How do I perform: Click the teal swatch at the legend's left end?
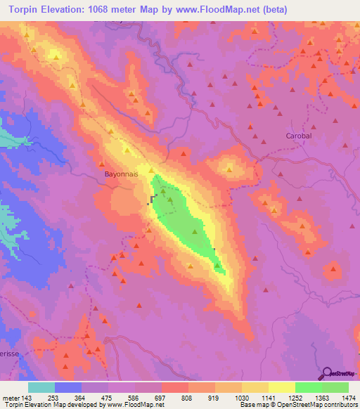[x=41, y=387]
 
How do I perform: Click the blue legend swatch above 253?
[x=68, y=387]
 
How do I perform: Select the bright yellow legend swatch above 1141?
[x=282, y=387]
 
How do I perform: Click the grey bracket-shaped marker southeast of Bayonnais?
[x=151, y=200]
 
